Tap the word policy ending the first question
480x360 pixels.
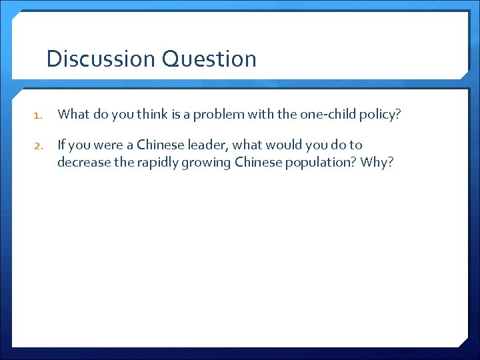point(381,114)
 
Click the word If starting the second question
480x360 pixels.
point(62,145)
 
